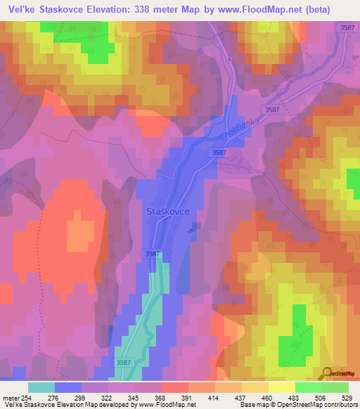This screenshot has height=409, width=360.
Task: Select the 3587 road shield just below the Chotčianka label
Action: coord(219,152)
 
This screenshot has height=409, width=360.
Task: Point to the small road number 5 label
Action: coord(229,59)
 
